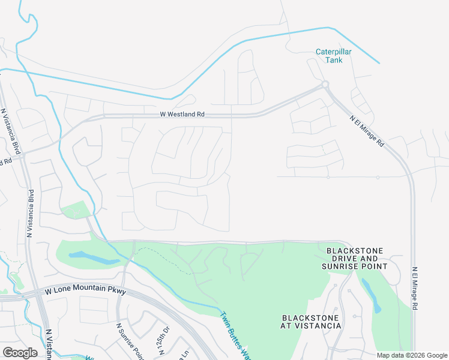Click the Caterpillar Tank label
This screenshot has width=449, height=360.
tap(333, 56)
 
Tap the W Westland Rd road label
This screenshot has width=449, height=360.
tap(182, 113)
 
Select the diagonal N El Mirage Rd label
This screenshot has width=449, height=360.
tap(367, 131)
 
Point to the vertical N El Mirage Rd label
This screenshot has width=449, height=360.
tap(414, 288)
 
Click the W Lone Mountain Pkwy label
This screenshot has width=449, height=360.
tap(86, 290)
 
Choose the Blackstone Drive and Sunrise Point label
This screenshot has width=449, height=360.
tap(354, 258)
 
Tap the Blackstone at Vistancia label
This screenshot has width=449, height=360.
tap(311, 322)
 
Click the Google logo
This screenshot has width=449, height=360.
tap(20, 352)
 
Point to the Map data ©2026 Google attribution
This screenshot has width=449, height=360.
tap(412, 355)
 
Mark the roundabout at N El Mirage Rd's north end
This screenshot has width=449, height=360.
tap(325, 85)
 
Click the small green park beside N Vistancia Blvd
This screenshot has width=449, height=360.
tap(76, 211)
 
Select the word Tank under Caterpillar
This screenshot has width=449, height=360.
tap(333, 60)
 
